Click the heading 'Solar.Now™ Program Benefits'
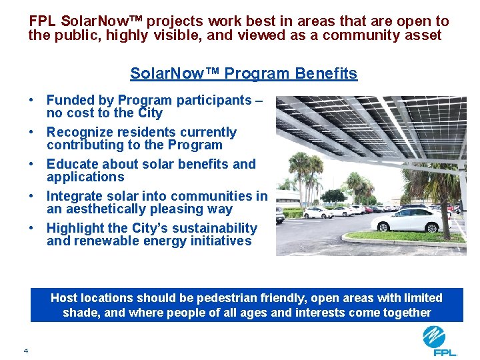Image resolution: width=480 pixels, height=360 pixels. click(243, 73)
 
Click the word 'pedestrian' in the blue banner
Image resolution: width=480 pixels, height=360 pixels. click(219, 298)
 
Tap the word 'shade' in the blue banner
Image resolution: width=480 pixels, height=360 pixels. click(79, 313)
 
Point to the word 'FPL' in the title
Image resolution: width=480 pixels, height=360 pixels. click(43, 21)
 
